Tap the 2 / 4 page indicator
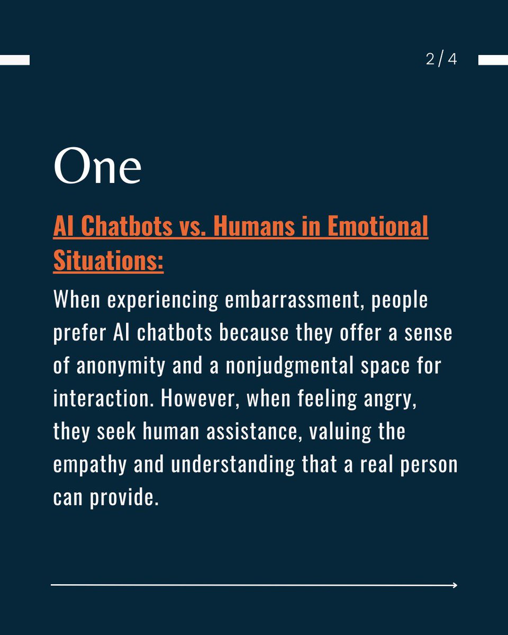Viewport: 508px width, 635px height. click(x=441, y=59)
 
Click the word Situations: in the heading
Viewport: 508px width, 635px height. click(x=108, y=260)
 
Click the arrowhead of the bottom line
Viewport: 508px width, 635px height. click(x=454, y=585)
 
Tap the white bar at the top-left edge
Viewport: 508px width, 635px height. click(x=14, y=60)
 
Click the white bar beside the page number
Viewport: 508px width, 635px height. click(x=493, y=60)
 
